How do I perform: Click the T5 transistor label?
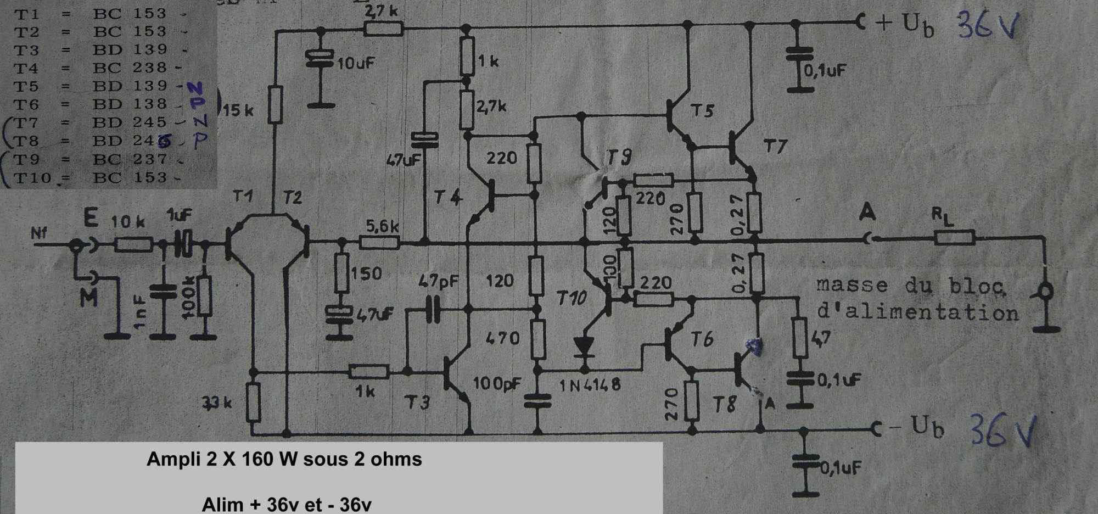coord(702,111)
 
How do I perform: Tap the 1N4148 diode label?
coord(590,385)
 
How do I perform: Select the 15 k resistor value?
coord(238,110)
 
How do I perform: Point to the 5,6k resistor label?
coord(382,226)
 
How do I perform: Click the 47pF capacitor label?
coord(438,282)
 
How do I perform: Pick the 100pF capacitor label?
coord(497,383)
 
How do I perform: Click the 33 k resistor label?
coord(217,403)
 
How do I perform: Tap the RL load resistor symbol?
coord(955,238)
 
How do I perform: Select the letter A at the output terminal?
coord(867,212)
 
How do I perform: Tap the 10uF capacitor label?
coord(356,63)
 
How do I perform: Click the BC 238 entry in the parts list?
coord(130,68)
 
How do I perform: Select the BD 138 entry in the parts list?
coord(130,104)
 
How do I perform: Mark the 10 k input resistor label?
coord(127,221)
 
